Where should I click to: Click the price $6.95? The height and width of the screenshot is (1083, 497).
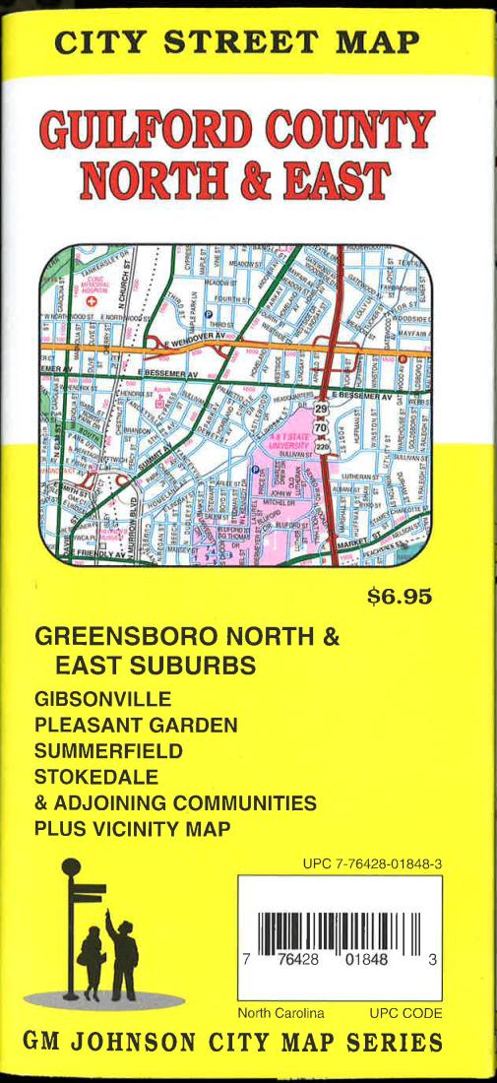tap(400, 597)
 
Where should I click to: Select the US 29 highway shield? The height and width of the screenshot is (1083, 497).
tap(321, 408)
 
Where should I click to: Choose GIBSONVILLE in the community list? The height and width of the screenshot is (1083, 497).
tap(102, 700)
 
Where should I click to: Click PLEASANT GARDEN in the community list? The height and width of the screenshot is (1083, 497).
tap(136, 726)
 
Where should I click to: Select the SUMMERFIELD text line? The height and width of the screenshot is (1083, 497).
tap(110, 751)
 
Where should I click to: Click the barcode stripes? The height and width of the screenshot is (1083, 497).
tap(339, 936)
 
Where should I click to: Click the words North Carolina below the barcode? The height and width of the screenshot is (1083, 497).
tap(280, 1013)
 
